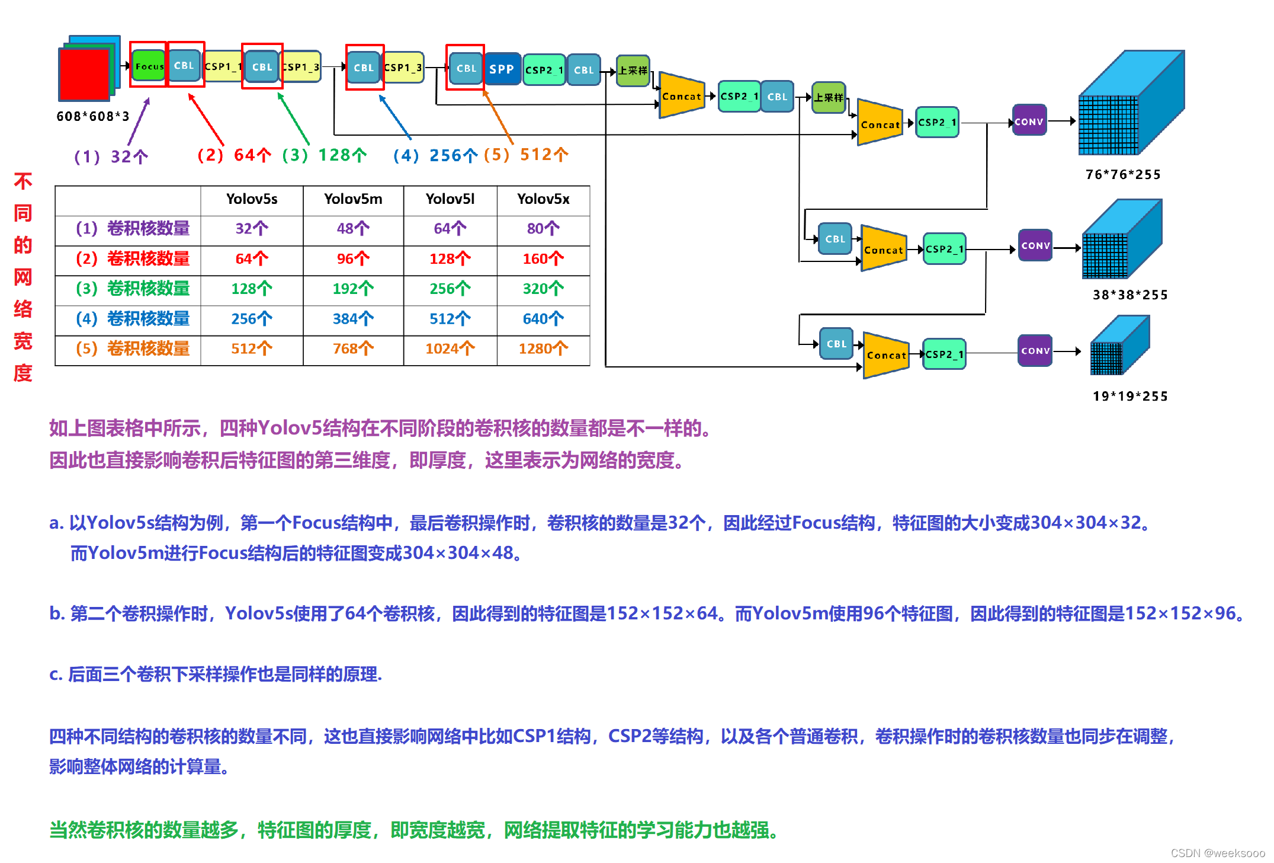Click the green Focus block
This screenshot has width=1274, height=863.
tap(149, 66)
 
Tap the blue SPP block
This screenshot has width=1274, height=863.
tap(502, 69)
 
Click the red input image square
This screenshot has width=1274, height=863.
tap(84, 73)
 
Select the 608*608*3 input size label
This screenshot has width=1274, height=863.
tap(93, 116)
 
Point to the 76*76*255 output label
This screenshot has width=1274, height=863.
tap(1123, 175)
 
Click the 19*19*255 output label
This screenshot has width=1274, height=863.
tap(1130, 397)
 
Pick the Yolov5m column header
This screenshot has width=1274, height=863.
tap(353, 199)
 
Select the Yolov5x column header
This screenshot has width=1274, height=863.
tap(543, 199)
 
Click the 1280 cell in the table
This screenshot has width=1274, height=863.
tap(543, 349)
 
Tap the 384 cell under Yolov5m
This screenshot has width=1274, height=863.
tap(353, 319)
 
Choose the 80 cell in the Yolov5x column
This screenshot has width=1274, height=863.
tap(543, 229)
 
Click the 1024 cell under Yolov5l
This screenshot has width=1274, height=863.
tap(450, 349)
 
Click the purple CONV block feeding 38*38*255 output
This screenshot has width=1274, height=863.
tap(1035, 245)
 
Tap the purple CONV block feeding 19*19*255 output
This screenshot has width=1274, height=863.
tap(1035, 351)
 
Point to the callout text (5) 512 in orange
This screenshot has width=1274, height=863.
tap(526, 155)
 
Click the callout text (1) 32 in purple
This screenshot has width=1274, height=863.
tap(111, 157)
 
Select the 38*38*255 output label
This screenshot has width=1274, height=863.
tap(1130, 295)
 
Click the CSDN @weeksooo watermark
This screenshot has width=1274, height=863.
tap(1218, 853)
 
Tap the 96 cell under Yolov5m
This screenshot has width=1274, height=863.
tap(353, 259)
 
